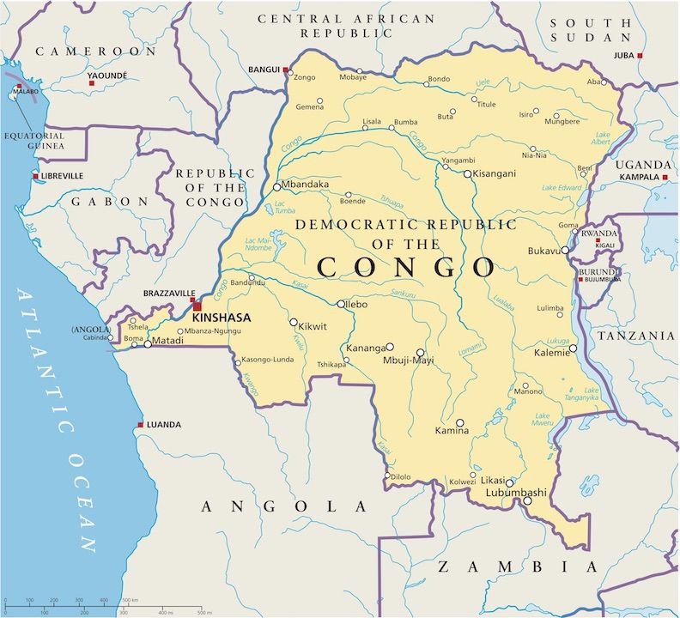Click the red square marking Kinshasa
(x=197, y=306)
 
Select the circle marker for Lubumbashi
(x=509, y=482)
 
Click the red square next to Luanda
(x=141, y=425)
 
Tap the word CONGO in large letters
(x=406, y=267)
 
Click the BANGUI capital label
(x=264, y=69)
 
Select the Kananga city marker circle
(x=390, y=348)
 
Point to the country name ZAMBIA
(x=518, y=566)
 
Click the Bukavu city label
(x=543, y=251)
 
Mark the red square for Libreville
(x=35, y=177)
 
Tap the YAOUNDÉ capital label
(x=107, y=76)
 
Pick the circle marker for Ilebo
(x=341, y=304)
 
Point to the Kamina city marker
(x=460, y=423)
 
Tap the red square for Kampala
(x=665, y=177)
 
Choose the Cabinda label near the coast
(x=95, y=337)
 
